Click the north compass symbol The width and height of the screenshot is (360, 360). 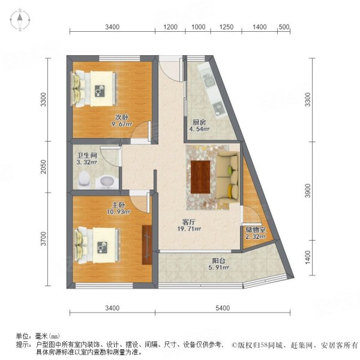point(20,20)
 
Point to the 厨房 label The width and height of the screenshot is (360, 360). point(199,121)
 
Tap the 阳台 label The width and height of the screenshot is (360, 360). point(219,260)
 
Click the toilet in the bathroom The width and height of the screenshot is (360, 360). point(85,178)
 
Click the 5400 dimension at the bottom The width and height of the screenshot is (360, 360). point(223,308)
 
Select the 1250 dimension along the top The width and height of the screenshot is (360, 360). point(226,26)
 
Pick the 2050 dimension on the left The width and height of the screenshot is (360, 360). point(43,170)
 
